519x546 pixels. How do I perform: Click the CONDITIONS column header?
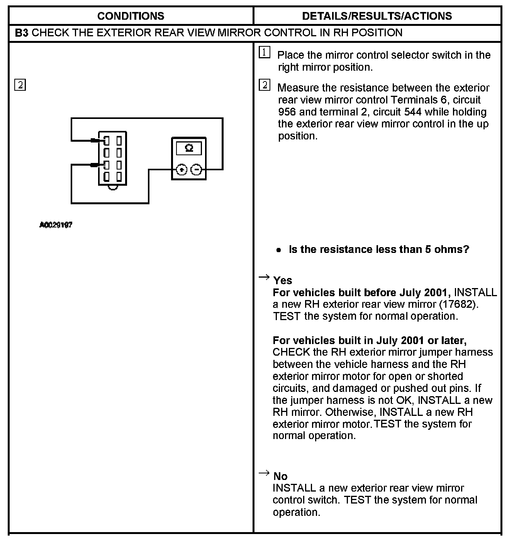131,16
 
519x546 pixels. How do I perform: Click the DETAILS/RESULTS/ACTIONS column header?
377,16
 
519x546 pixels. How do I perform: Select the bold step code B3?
22,33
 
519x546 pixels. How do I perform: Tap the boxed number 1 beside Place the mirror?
264,53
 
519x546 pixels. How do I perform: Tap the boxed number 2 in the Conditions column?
20,85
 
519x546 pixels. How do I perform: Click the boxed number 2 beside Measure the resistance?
264,85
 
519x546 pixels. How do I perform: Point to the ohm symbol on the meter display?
189,148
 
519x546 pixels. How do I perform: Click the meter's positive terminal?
181,170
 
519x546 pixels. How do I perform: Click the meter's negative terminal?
197,170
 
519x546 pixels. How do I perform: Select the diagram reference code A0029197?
56,225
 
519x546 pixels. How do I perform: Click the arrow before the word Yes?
264,277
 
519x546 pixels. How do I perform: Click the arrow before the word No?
264,473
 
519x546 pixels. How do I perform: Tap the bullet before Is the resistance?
279,250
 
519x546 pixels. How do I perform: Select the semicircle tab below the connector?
113,188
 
